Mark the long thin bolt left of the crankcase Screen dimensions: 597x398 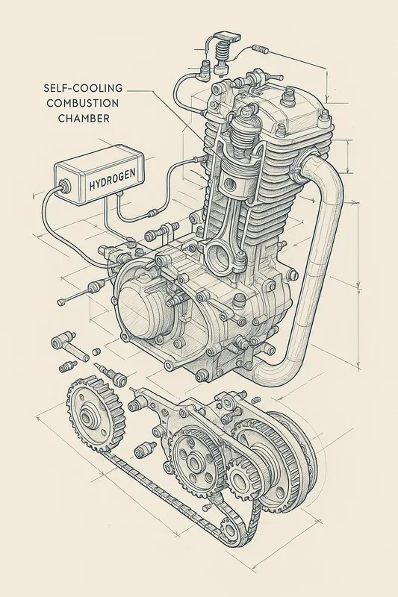point(75,294)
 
